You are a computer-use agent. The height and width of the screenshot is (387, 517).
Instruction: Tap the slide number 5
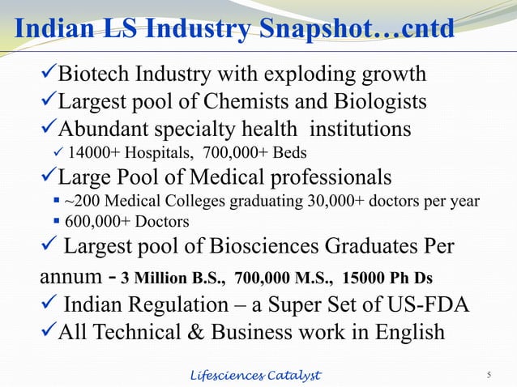pos(489,374)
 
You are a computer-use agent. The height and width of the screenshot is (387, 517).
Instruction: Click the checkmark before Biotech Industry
pos(49,75)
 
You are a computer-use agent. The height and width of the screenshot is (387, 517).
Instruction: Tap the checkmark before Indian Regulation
pos(49,304)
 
